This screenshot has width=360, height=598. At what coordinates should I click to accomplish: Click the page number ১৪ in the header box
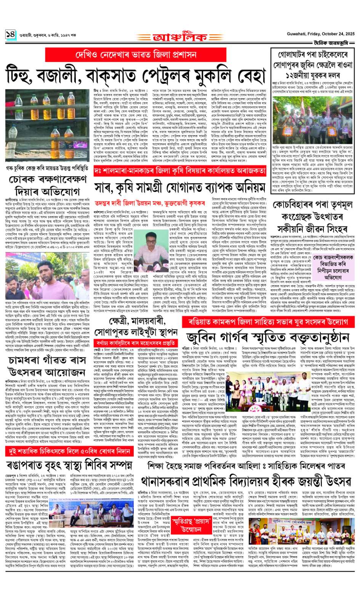click(x=10, y=35)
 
